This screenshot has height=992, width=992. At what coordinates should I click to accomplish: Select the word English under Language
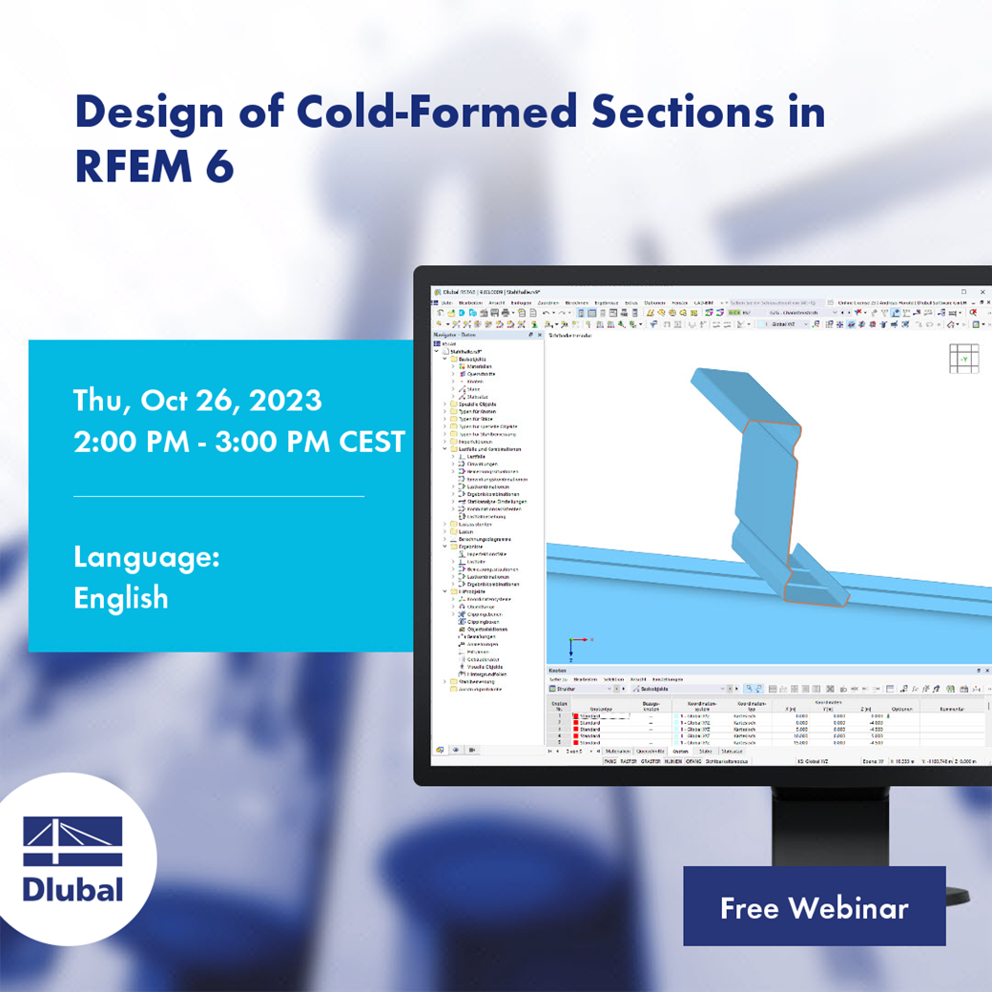pos(121,598)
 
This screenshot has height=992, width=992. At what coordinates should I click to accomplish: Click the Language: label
pos(147,556)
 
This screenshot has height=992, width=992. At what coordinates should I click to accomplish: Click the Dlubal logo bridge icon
pos(73,841)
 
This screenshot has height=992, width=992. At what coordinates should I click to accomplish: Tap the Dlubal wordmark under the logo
pos(73,890)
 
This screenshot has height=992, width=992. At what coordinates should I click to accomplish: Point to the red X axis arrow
pos(584,640)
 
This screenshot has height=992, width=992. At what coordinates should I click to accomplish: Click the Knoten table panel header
pos(557,671)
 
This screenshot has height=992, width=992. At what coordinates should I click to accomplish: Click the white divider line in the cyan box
pos(219,496)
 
